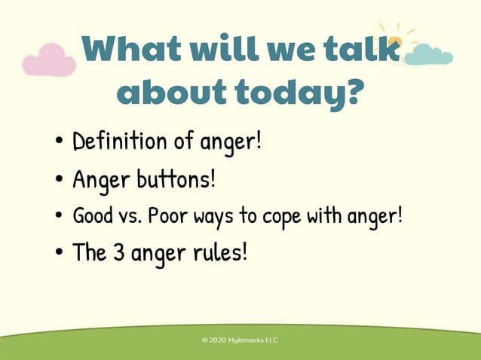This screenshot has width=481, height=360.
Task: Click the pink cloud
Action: (x=48, y=60)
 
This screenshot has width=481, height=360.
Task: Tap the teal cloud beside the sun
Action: (x=428, y=54)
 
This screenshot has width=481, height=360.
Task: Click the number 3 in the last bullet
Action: (x=119, y=252)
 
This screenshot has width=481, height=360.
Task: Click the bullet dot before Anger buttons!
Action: (x=59, y=181)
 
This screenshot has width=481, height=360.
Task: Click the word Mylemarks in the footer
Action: (x=247, y=340)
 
